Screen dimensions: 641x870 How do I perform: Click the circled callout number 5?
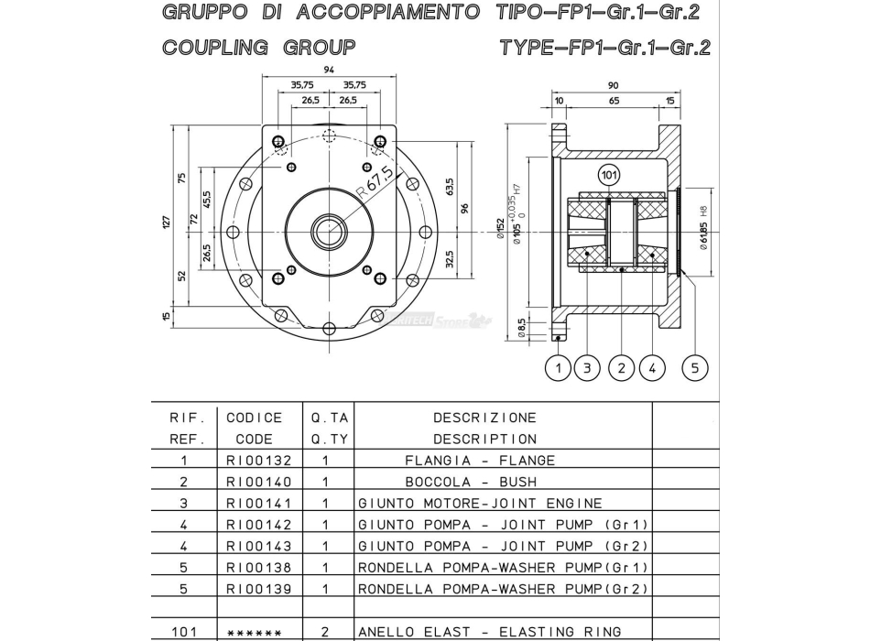pyautogui.click(x=695, y=368)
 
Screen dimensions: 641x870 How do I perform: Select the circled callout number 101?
pyautogui.click(x=608, y=173)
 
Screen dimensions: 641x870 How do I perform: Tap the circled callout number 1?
pyautogui.click(x=559, y=368)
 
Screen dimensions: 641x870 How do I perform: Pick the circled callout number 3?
pyautogui.click(x=586, y=368)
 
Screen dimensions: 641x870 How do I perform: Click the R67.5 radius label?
pyautogui.click(x=375, y=183)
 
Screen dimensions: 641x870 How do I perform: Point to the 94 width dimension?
pyautogui.click(x=329, y=70)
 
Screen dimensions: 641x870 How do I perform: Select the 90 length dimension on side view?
pyautogui.click(x=613, y=85)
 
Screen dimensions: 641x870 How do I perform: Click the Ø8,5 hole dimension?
pyautogui.click(x=521, y=326)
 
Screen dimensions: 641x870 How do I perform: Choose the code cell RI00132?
pyautogui.click(x=258, y=461)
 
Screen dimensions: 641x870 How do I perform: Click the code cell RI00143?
pyautogui.click(x=258, y=546)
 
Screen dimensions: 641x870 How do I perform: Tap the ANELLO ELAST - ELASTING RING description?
pyautogui.click(x=489, y=631)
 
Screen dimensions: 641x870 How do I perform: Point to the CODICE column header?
pyautogui.click(x=255, y=418)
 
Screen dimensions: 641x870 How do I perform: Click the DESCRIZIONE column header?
pyautogui.click(x=484, y=418)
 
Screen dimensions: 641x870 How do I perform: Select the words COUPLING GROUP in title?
pyautogui.click(x=259, y=47)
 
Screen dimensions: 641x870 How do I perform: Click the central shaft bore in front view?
pyautogui.click(x=328, y=232)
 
